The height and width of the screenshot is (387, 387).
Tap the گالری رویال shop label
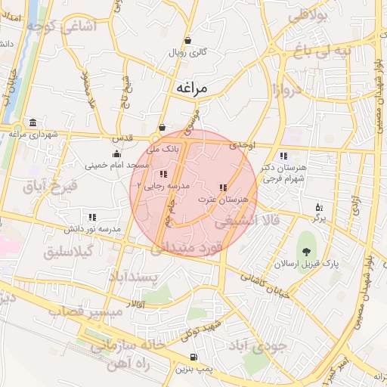pyautogui.click(x=188, y=52)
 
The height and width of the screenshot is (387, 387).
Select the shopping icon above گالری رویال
pyautogui.click(x=187, y=41)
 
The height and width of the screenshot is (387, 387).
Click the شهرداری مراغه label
pyautogui.click(x=29, y=134)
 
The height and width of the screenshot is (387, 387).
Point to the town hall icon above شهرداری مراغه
pyautogui.click(x=32, y=122)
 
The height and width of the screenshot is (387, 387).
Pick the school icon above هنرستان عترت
pyautogui.click(x=222, y=187)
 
